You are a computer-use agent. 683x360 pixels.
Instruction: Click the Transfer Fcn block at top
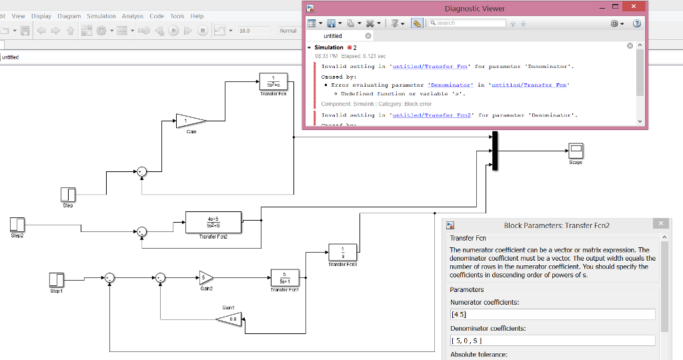tap(273, 81)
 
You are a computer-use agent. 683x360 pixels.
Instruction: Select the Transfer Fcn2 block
tap(213, 222)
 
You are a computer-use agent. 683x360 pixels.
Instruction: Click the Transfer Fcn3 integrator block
tap(342, 253)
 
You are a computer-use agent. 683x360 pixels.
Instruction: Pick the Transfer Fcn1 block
tap(285, 277)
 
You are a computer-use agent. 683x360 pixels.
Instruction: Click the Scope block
tap(576, 151)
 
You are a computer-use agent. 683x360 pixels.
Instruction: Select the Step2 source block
tap(17, 224)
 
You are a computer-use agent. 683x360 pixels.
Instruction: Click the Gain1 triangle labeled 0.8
tap(229, 319)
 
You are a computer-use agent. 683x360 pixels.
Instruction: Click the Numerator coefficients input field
tap(552, 315)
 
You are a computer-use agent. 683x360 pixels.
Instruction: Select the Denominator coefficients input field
tap(552, 341)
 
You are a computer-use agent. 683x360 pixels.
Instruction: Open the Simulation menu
tap(101, 16)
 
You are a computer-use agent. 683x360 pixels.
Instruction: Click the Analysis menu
tap(133, 16)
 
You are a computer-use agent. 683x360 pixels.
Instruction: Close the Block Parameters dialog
tap(660, 224)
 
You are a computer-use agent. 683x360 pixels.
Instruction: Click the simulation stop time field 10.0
tap(253, 31)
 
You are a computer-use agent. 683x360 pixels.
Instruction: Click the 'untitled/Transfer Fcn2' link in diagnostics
tap(432, 115)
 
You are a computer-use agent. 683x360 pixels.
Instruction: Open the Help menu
tap(197, 16)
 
